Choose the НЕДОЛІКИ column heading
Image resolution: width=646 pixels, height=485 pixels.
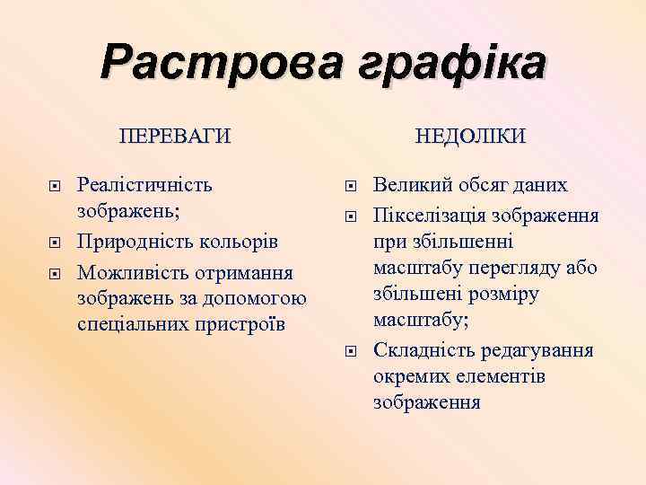pyautogui.click(x=471, y=136)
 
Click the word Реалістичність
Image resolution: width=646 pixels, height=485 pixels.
pyautogui.click(x=145, y=186)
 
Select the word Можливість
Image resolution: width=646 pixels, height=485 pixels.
pyautogui.click(x=134, y=271)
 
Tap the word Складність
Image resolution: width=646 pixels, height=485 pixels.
pyautogui.click(x=421, y=349)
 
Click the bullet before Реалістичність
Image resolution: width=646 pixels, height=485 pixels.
pyautogui.click(x=56, y=187)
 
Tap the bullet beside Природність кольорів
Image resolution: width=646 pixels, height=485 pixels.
pyautogui.click(x=56, y=243)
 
